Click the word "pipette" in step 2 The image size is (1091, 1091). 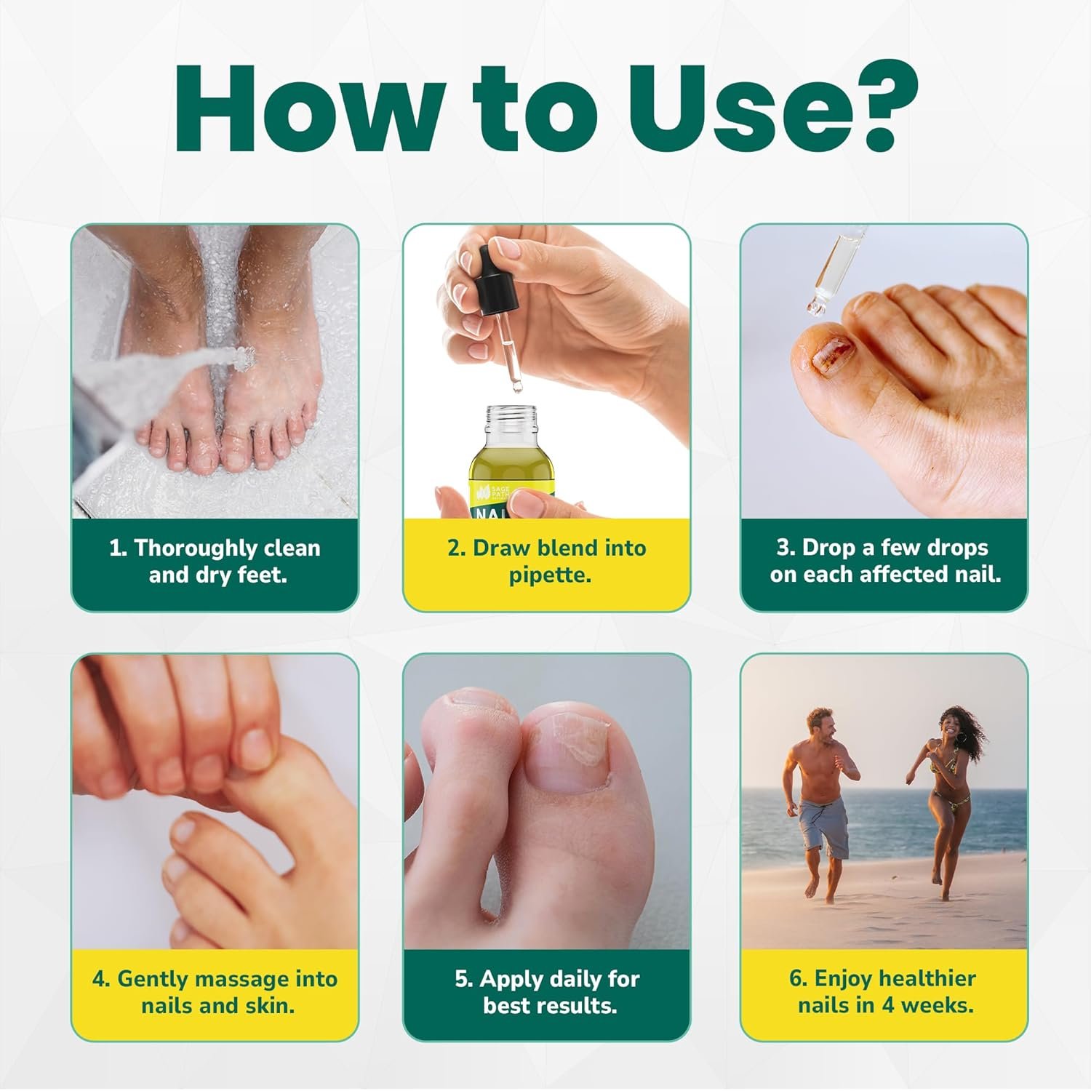click(549, 575)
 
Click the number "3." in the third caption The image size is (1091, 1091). click(786, 548)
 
